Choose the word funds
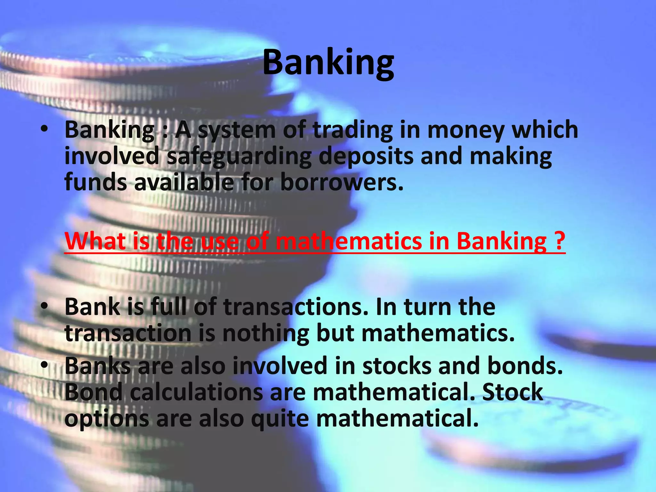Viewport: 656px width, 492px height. click(x=96, y=182)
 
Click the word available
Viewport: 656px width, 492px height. click(x=184, y=182)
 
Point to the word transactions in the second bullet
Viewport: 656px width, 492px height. click(x=296, y=307)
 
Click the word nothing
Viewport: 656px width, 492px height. click(x=266, y=334)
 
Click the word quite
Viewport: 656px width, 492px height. click(x=280, y=419)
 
